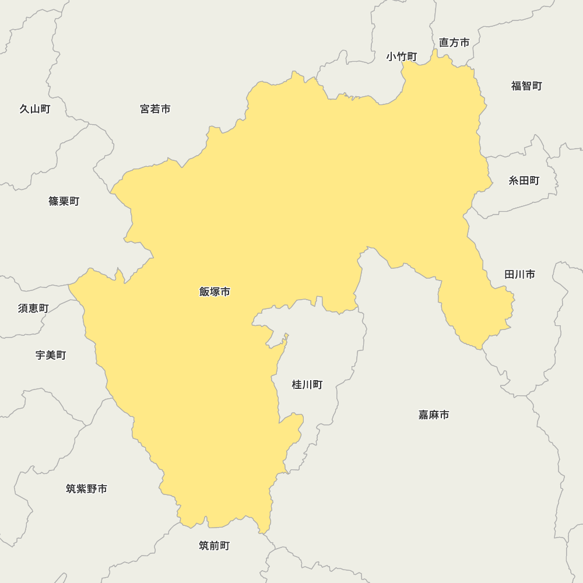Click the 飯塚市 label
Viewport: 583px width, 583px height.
215,291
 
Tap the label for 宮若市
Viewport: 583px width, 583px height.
155,109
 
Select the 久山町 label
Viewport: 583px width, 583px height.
35,109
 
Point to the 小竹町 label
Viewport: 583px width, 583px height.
402,57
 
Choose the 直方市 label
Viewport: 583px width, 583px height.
454,43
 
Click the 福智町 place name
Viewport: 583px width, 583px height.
526,86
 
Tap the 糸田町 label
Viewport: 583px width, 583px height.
524,181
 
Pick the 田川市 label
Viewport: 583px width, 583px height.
519,274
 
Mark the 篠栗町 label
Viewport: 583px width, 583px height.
64,201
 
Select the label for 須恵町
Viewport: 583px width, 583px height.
33,308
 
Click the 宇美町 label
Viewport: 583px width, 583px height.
51,355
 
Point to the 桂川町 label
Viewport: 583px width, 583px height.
307,385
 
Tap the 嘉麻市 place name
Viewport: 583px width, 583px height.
434,415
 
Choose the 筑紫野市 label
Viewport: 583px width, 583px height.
86,489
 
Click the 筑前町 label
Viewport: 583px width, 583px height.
214,546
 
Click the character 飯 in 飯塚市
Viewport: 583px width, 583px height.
205,291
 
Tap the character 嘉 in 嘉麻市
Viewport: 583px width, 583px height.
424,415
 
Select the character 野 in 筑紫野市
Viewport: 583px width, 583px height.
92,489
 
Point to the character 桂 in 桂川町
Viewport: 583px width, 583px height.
297,385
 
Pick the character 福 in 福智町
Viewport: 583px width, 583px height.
517,86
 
